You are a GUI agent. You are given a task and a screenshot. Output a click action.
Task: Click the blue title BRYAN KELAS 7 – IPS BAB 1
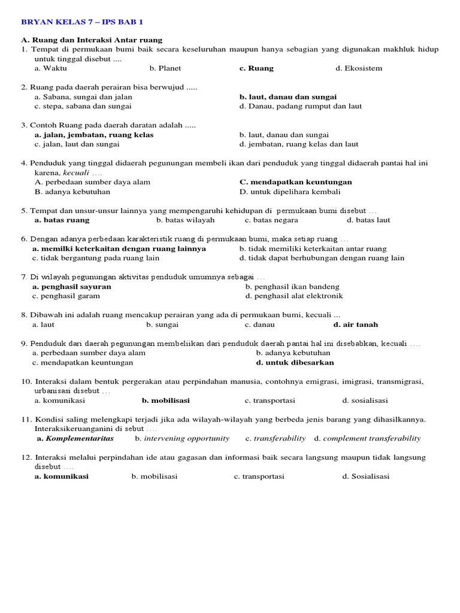(82, 22)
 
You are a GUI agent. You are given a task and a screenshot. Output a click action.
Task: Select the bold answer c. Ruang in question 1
(256, 68)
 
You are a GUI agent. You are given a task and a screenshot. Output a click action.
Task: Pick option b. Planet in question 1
(165, 68)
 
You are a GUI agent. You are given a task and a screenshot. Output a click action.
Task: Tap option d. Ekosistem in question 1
(359, 68)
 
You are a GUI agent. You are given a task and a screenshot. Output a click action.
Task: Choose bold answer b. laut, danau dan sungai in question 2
(287, 96)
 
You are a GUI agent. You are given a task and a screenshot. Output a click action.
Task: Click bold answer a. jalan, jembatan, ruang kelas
(94, 135)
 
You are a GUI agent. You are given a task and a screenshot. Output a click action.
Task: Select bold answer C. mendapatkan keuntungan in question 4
(295, 182)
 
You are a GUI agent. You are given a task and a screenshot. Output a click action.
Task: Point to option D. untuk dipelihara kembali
(290, 192)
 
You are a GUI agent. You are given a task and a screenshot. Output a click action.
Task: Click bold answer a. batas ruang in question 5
(62, 220)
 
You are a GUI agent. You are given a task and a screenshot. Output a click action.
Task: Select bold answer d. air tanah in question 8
(355, 324)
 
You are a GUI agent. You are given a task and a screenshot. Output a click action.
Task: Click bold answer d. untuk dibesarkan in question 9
(295, 362)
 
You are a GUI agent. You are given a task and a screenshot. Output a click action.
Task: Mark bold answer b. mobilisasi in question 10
(165, 400)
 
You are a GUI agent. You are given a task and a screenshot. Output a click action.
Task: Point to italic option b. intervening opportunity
(182, 438)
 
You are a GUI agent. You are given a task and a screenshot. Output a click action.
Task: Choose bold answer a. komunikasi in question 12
(61, 477)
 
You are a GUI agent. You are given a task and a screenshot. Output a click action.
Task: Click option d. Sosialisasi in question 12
(365, 477)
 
